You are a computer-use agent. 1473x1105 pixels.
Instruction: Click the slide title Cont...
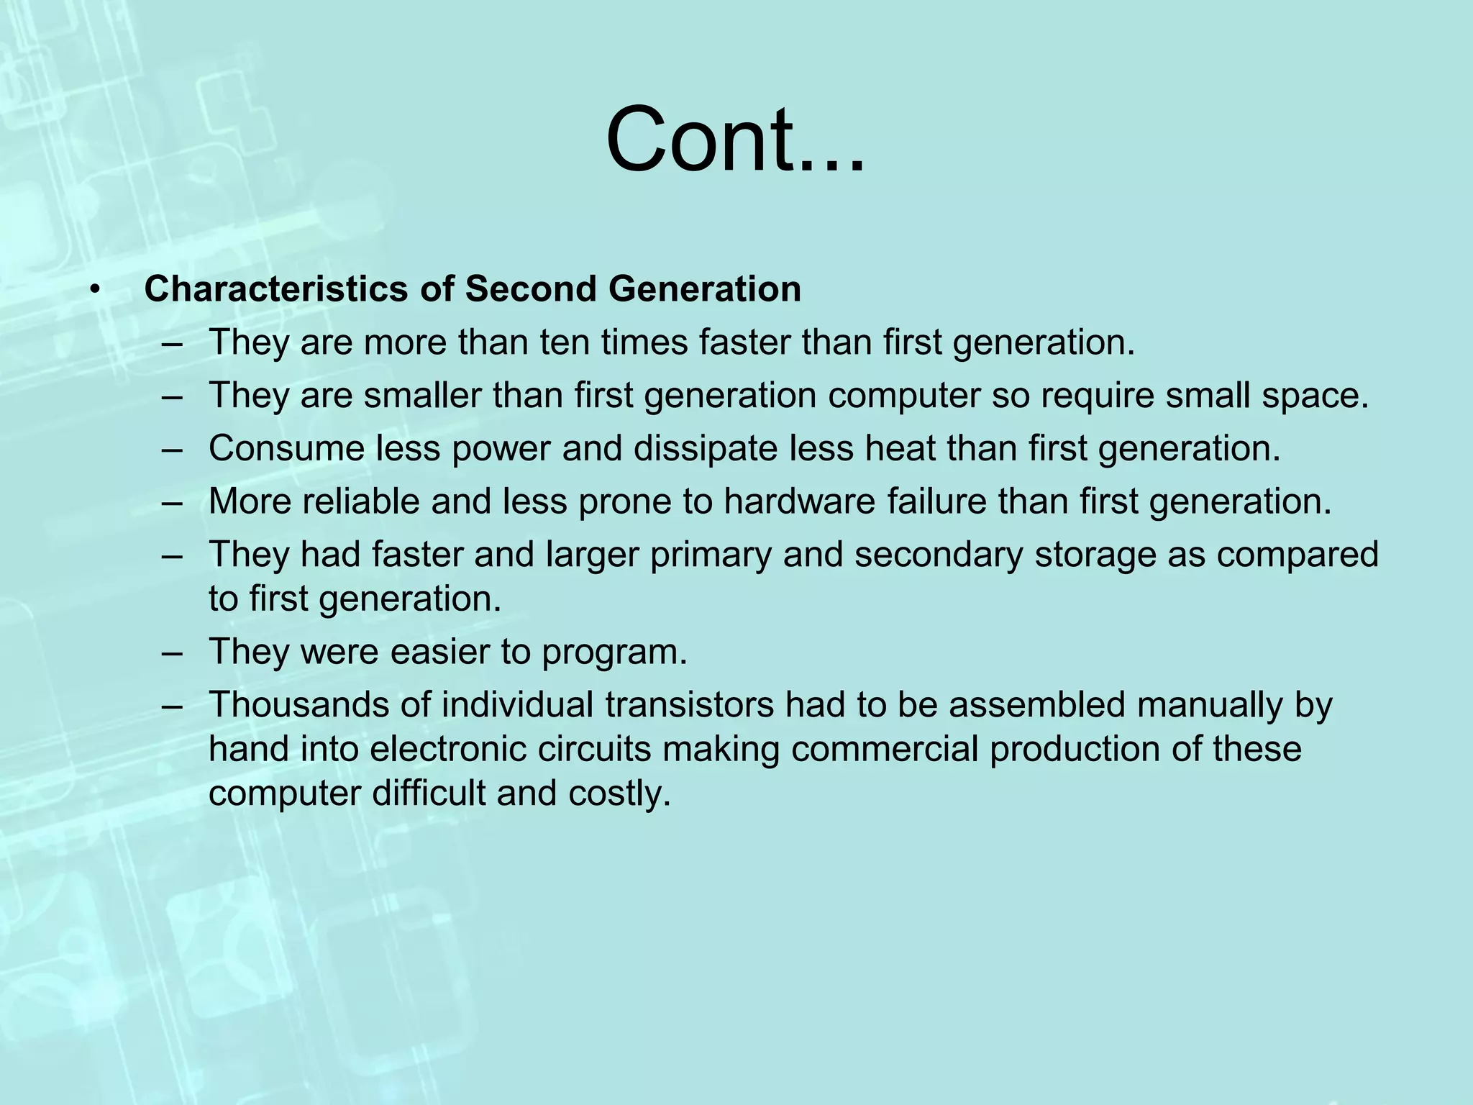point(734,140)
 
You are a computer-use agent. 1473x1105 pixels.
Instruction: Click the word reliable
point(360,501)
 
